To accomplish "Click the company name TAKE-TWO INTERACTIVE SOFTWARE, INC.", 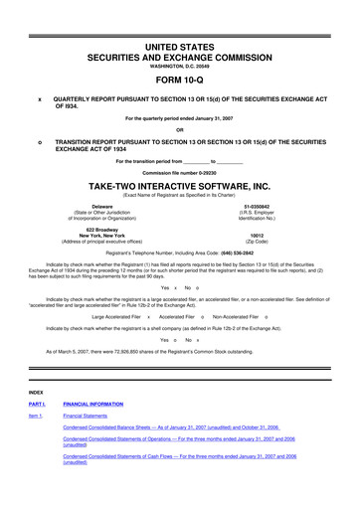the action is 179,186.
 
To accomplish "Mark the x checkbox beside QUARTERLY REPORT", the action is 39,100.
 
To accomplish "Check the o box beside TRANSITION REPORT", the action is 39,143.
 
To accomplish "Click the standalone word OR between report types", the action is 179,130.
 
